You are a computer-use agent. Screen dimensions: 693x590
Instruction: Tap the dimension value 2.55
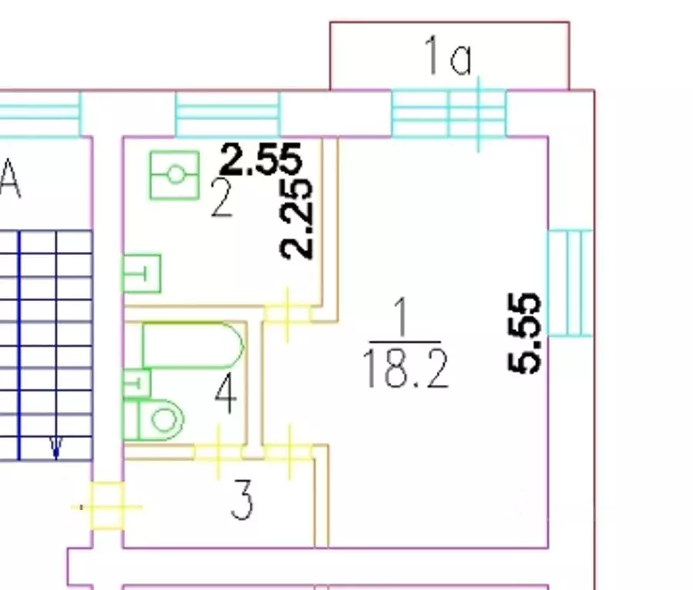(262, 158)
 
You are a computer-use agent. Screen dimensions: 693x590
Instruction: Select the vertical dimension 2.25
(297, 218)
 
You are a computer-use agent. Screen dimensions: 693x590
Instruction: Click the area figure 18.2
(405, 368)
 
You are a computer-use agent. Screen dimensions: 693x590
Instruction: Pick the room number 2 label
(222, 198)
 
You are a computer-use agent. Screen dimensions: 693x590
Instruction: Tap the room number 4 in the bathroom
(225, 393)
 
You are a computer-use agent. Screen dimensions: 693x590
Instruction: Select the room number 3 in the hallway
(242, 500)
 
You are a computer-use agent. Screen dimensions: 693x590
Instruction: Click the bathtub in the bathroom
(193, 346)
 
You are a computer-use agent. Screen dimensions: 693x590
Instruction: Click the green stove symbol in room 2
(175, 175)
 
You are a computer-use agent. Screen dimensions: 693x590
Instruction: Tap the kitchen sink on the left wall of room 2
(142, 273)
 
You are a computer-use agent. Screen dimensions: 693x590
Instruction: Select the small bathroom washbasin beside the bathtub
(137, 383)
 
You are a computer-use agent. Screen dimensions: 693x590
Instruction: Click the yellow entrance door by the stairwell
(106, 506)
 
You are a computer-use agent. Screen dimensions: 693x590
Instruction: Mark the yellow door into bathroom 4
(218, 452)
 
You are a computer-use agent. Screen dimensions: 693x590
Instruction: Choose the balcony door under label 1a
(478, 114)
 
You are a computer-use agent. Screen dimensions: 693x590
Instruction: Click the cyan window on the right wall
(570, 283)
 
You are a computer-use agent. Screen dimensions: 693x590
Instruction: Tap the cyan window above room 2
(228, 114)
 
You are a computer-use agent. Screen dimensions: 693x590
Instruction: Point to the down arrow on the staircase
(56, 446)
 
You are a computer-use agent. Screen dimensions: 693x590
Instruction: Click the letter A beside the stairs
(10, 180)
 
